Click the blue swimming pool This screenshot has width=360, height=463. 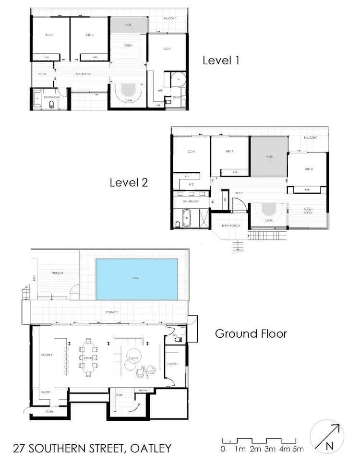click(137, 278)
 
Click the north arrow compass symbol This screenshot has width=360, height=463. click(327, 436)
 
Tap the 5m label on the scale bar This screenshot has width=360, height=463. click(298, 450)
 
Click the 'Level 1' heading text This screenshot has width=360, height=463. click(221, 60)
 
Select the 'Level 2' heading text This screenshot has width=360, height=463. click(129, 182)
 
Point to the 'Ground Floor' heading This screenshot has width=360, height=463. click(251, 333)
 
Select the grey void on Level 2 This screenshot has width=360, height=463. click(268, 156)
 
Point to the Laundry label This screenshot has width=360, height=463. click(172, 364)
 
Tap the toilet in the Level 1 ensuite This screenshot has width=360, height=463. click(168, 102)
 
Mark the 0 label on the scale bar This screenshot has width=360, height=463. click(223, 450)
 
